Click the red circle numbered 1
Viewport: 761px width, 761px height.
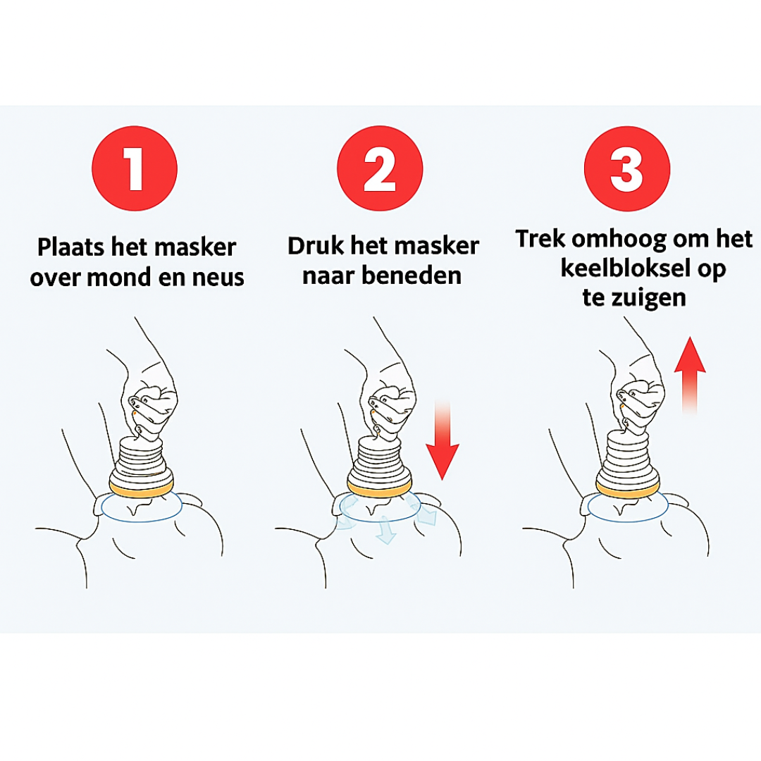click(x=135, y=169)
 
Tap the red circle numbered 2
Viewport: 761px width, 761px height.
click(x=380, y=169)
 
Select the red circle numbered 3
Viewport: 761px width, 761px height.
click(x=626, y=169)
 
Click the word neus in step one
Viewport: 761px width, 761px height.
click(x=216, y=278)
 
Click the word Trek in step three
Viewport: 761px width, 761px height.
click(x=540, y=239)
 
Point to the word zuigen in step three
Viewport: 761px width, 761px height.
click(x=653, y=297)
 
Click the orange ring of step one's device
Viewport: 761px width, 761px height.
click(x=142, y=486)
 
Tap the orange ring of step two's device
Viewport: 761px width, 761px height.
click(x=380, y=485)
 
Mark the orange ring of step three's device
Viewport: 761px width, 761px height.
click(x=628, y=485)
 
